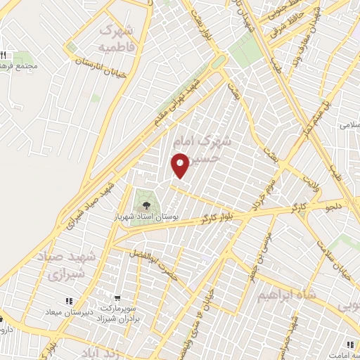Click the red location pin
181,165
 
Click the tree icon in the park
146,205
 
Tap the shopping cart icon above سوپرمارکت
124,297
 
